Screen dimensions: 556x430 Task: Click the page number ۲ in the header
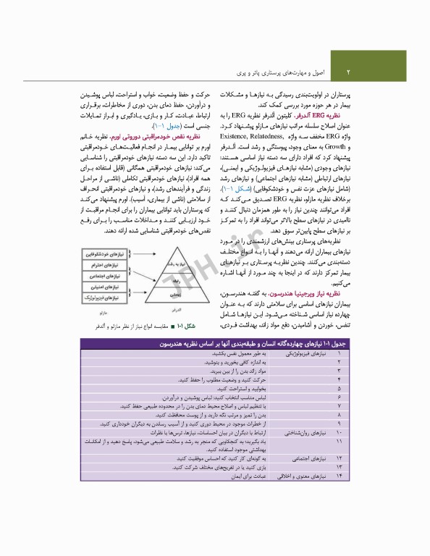[348, 72]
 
